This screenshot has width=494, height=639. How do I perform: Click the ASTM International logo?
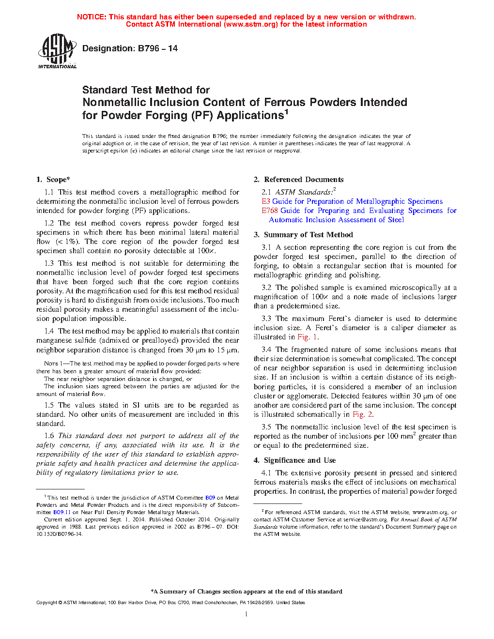(x=57, y=51)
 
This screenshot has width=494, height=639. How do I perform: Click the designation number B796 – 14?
(x=158, y=48)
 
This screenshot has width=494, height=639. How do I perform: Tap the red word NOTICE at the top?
(x=91, y=17)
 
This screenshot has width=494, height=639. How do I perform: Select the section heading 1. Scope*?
(x=53, y=180)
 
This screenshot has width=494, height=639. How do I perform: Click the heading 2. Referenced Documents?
(x=298, y=180)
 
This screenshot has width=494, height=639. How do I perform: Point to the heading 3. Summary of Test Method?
(x=303, y=235)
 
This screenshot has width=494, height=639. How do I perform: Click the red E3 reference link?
(x=266, y=201)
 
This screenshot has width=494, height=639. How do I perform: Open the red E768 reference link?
(x=270, y=211)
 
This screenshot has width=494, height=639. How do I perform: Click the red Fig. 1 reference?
(x=308, y=337)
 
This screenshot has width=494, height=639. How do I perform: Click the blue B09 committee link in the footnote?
(x=210, y=498)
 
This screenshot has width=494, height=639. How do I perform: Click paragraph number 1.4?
(x=49, y=331)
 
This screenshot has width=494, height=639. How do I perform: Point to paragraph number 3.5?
(x=266, y=427)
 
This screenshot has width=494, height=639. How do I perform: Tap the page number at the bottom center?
(x=247, y=614)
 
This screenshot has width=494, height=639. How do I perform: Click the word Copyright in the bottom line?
(x=46, y=603)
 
